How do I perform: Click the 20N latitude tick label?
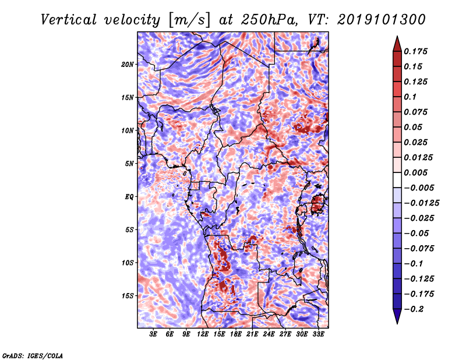[x=128, y=65]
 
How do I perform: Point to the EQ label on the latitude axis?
[x=129, y=197]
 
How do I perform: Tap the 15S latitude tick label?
[x=128, y=296]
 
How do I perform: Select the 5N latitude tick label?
[x=129, y=164]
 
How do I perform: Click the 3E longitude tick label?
[x=153, y=334]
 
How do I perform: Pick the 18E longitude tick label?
[x=236, y=334]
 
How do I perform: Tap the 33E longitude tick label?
[x=318, y=334]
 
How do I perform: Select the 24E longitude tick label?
[x=269, y=334]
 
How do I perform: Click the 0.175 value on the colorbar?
[x=416, y=51]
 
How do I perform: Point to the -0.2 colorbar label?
[x=414, y=309]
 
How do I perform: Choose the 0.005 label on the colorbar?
[x=416, y=172]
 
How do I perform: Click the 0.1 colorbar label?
[x=410, y=97]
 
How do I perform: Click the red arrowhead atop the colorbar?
[x=397, y=44]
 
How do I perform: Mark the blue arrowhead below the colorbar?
[x=397, y=316]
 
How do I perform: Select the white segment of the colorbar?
[x=397, y=180]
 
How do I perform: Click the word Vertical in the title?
[x=69, y=20]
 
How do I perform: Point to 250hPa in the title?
[x=269, y=20]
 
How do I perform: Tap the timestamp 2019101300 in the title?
[x=382, y=20]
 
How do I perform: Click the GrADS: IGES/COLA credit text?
[x=33, y=356]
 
